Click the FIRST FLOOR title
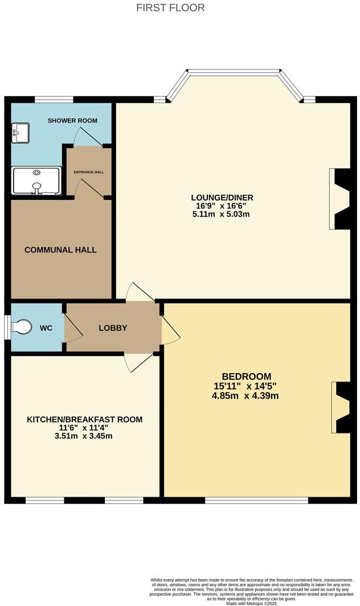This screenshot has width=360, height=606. [x=171, y=8]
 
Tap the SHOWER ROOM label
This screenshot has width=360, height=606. [x=72, y=121]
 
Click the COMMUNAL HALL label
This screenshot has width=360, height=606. [x=60, y=250]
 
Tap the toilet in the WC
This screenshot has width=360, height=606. [x=22, y=328]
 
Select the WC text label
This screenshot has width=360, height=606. [x=47, y=329]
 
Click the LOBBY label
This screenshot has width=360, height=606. [x=113, y=328]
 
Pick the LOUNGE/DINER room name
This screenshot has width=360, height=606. [x=222, y=198]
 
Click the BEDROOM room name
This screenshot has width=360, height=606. [x=247, y=376]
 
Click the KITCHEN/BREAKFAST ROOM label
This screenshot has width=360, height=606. [x=85, y=420]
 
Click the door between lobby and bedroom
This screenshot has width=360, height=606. [x=170, y=330]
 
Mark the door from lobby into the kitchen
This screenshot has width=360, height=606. [x=138, y=362]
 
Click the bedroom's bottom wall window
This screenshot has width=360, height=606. [x=256, y=500]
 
